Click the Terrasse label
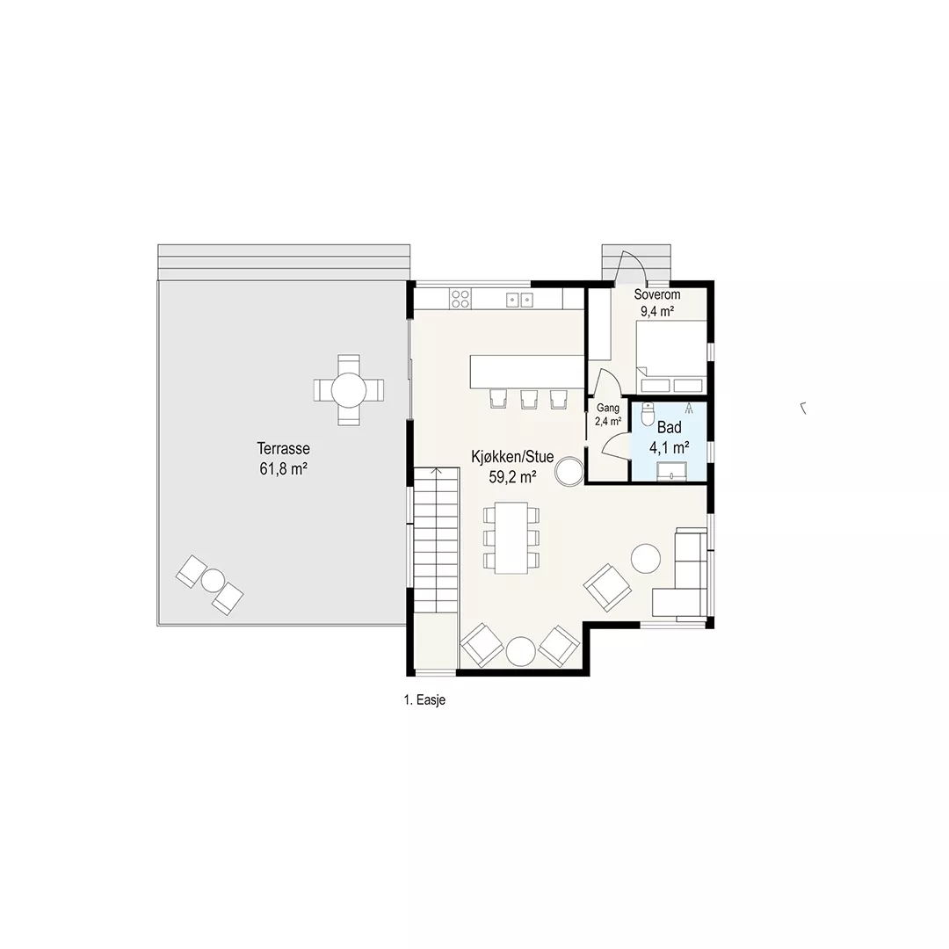(283, 448)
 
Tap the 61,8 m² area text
(283, 469)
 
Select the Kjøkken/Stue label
(512, 456)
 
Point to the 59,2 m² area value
(512, 477)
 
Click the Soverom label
(657, 294)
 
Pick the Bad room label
(670, 427)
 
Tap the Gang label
(608, 408)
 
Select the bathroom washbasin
(671, 471)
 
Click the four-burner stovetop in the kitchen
(460, 299)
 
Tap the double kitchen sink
(520, 299)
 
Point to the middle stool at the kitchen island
(529, 399)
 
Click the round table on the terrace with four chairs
(349, 390)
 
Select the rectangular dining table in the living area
(511, 538)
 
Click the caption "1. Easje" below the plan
(424, 700)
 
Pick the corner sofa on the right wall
(680, 573)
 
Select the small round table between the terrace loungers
(213, 581)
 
